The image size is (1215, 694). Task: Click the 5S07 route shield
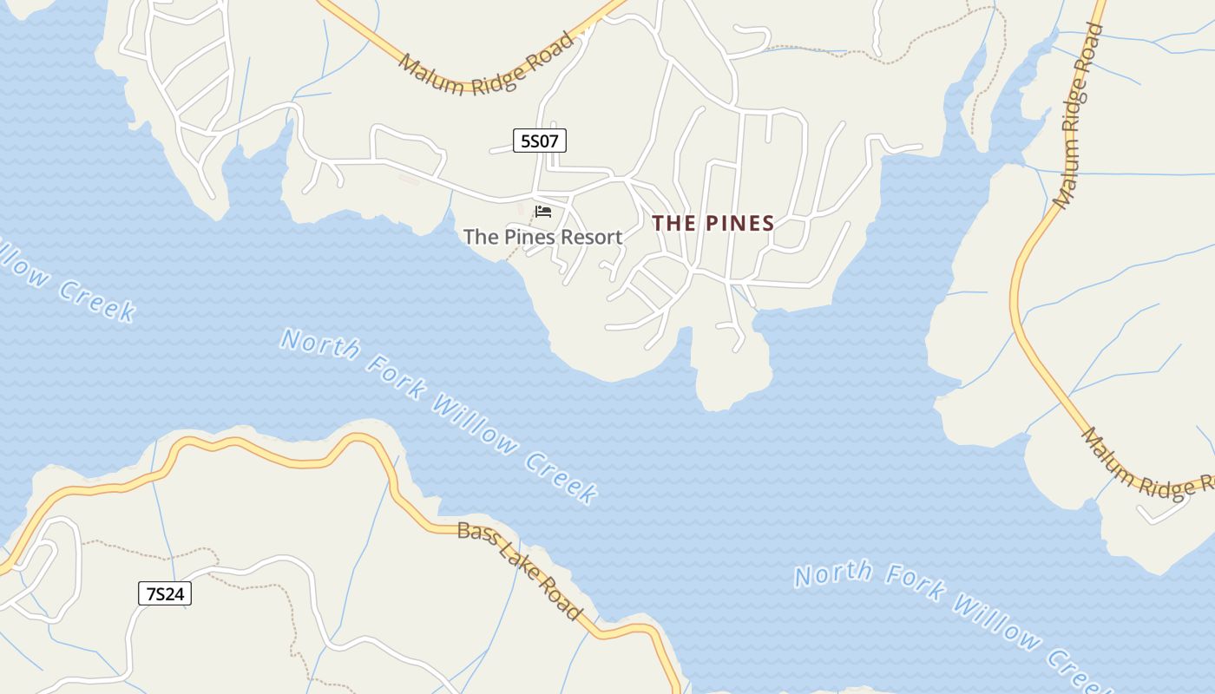539,140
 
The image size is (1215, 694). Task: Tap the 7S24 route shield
164,593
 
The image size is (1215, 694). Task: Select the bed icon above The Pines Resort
543,212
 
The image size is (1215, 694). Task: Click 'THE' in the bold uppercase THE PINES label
674,223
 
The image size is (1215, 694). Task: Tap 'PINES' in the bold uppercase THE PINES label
739,223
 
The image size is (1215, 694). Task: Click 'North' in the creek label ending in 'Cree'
833,573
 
